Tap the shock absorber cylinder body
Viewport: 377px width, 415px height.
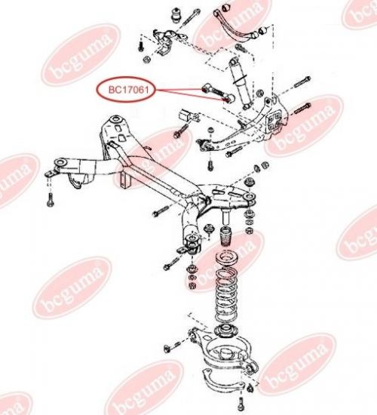point(241,85)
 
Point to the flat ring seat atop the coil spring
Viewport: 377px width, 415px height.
point(225,257)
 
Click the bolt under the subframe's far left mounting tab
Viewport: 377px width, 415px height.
point(51,200)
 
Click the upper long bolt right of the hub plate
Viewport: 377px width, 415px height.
point(302,82)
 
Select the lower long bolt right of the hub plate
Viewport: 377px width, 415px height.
point(302,109)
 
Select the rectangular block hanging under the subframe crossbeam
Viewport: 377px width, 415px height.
point(126,180)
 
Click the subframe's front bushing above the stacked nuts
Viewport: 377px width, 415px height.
point(192,244)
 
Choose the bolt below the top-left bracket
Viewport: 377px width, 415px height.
point(141,45)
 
